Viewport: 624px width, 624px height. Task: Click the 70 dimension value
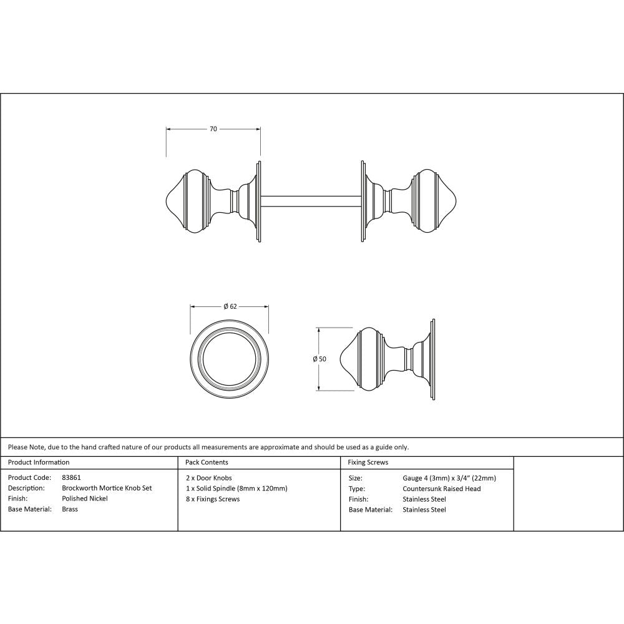pos(213,129)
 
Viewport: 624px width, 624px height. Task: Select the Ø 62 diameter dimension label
pos(230,306)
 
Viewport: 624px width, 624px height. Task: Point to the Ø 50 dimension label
pos(319,359)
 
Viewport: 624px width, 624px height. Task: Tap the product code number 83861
pos(72,477)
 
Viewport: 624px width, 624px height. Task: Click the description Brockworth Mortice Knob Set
pos(107,488)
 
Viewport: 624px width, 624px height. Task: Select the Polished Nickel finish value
pos(85,499)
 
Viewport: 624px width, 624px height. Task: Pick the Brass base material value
pos(70,509)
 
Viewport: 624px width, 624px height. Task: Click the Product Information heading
pos(39,462)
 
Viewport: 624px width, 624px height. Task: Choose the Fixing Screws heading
pos(368,462)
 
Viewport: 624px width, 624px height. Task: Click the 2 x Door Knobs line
pos(209,477)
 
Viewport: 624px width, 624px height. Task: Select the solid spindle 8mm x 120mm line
pos(236,488)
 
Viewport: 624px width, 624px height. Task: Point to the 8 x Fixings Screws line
pos(213,499)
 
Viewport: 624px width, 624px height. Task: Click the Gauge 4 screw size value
pos(449,478)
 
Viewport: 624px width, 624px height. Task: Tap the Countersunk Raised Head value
pos(442,489)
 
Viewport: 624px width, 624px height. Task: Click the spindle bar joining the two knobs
pos(310,201)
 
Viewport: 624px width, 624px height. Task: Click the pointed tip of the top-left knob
pos(165,201)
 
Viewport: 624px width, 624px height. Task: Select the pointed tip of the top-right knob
pos(458,201)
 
